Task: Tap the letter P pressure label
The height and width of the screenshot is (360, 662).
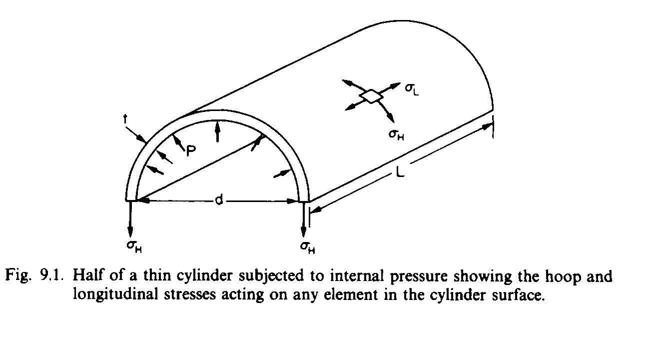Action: [190, 149]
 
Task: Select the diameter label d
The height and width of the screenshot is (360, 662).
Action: [218, 200]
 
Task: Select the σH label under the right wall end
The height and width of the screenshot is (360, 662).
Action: [307, 246]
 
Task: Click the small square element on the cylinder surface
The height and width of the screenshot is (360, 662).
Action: [370, 96]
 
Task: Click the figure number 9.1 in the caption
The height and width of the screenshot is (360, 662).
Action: [51, 276]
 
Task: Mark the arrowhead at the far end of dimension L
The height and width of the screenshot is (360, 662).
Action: [487, 127]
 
